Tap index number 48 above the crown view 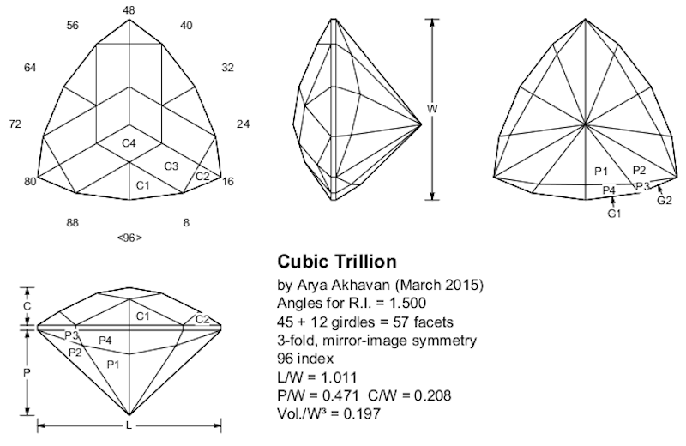click(x=129, y=10)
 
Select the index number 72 click(x=15, y=124)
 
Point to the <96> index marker click(x=129, y=238)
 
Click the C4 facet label click(x=129, y=142)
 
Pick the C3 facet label click(x=171, y=166)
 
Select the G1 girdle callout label click(x=614, y=213)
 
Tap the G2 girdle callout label click(x=664, y=201)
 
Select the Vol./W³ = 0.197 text click(x=327, y=413)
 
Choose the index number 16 click(x=228, y=182)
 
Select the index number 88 click(x=74, y=223)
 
